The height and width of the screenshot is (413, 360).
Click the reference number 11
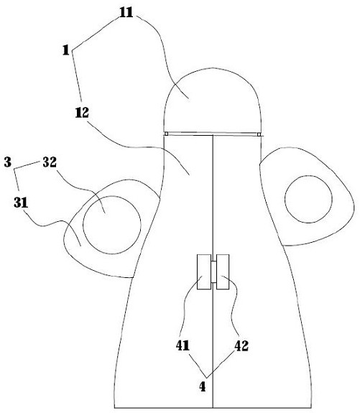pos(126,12)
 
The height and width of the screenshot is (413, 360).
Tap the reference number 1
pos(66,50)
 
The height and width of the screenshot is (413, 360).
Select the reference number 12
pos(82,113)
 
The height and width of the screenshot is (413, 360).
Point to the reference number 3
pos(8,162)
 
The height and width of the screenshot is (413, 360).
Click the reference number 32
pos(50,162)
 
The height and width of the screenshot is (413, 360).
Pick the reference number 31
pos(21,203)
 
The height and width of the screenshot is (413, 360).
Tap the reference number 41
pos(183,345)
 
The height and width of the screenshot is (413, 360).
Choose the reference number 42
pos(241,345)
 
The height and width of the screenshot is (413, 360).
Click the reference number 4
pos(203,387)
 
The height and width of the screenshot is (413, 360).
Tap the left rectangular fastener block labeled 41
pos(204,272)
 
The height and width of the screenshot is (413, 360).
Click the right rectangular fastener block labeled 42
pos(223,272)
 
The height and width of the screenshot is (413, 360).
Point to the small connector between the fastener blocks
pos(213,272)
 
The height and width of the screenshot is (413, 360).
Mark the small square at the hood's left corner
pos(166,134)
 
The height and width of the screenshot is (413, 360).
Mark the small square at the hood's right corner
pos(259,134)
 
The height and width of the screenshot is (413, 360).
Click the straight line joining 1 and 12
pos(77,76)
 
